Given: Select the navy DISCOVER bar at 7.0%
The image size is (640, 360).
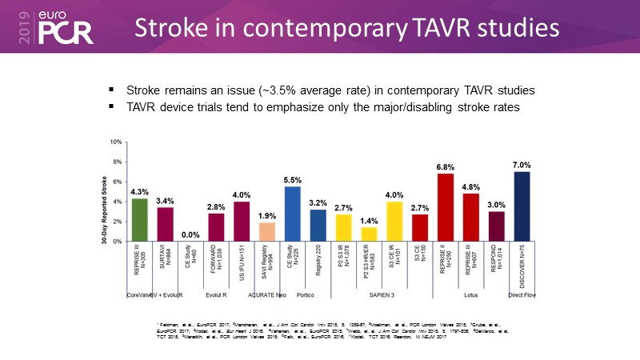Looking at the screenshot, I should [x=522, y=206].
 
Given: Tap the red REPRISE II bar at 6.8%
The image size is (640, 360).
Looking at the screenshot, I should [x=446, y=208].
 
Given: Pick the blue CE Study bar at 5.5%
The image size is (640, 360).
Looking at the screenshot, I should [x=293, y=214].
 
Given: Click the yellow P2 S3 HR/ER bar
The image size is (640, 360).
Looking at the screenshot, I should [x=370, y=234].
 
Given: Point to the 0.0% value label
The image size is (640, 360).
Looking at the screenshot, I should [x=191, y=235].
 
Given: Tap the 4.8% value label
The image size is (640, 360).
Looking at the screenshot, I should [x=471, y=186].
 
